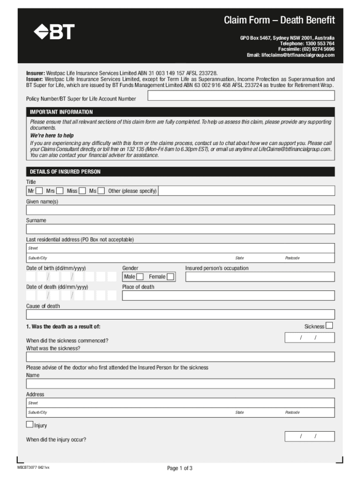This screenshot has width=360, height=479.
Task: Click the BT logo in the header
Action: click(54, 32)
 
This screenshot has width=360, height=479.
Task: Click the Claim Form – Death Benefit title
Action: click(279, 20)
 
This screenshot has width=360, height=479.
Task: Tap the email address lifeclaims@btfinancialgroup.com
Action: click(290, 55)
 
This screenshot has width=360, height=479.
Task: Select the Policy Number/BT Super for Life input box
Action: click(241, 95)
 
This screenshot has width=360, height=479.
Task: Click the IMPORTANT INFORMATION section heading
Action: click(61, 112)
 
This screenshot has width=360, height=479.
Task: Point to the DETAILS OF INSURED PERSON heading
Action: click(65, 172)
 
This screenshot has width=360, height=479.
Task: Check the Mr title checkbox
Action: click(39, 191)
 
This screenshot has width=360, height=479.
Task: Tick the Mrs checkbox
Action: click(60, 191)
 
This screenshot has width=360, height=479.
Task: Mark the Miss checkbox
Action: click(82, 191)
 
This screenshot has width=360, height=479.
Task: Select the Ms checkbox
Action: click(101, 191)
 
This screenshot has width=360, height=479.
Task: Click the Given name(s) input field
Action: click(180, 210)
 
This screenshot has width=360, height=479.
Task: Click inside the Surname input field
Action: click(180, 229)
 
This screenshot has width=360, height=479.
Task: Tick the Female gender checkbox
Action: click(171, 277)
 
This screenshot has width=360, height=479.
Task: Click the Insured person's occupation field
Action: click(259, 277)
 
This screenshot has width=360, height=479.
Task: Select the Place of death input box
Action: click(228, 296)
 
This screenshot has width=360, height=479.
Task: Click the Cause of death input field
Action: click(180, 314)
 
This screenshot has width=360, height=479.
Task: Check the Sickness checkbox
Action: click(329, 326)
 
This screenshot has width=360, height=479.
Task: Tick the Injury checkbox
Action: click(30, 425)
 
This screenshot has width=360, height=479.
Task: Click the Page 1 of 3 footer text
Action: click(180, 468)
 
